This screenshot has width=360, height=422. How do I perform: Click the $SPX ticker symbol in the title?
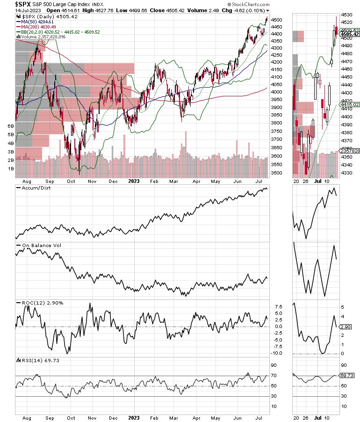10,4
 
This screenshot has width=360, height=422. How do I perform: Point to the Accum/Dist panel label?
35,188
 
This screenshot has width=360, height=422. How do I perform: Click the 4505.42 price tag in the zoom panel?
350,34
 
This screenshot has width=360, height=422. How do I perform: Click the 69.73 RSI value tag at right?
348,376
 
